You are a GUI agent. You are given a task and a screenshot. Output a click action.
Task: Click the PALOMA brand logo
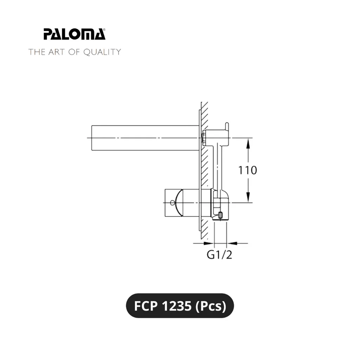pyautogui.click(x=75, y=34)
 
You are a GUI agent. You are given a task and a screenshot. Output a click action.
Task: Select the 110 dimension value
pyautogui.click(x=247, y=171)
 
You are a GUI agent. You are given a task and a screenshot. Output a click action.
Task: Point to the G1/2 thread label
pyautogui.click(x=219, y=255)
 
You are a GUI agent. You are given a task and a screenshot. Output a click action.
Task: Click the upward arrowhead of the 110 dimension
pyautogui.click(x=248, y=143)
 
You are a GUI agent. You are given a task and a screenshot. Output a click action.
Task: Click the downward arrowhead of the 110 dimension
pyautogui.click(x=248, y=198)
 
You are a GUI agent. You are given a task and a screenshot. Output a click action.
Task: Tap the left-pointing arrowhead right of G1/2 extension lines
pyautogui.click(x=232, y=243)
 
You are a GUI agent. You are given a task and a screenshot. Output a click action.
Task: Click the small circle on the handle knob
pyautogui.click(x=172, y=202)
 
